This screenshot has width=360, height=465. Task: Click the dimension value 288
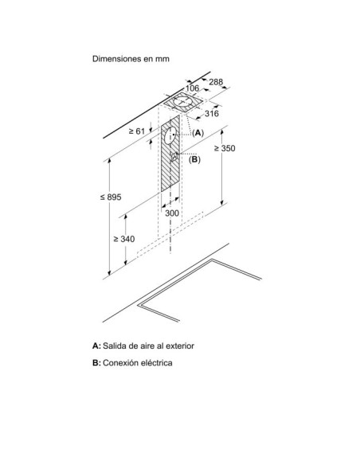[x=216, y=82]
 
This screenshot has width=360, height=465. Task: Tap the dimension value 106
[x=192, y=88]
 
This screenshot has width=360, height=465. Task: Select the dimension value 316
[x=212, y=113]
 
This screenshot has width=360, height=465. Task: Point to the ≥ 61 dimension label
[x=137, y=131]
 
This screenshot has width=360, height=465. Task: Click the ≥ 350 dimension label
[x=225, y=148]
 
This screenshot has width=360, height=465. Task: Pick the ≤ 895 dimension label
[x=111, y=197]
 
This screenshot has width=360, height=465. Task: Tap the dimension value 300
[x=172, y=213]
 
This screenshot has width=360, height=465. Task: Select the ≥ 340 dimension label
[x=124, y=239]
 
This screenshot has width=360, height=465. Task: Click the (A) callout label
[x=198, y=133]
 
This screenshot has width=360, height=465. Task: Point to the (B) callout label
[x=194, y=159]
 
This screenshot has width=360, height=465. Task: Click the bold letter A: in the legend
[x=96, y=346]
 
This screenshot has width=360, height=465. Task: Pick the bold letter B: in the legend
[x=96, y=363]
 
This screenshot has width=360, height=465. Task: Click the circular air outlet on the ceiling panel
[x=183, y=102]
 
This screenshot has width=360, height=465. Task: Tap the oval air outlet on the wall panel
[x=170, y=135]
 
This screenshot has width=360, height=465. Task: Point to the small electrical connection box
[x=174, y=156]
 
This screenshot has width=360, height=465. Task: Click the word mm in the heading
[x=162, y=59]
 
